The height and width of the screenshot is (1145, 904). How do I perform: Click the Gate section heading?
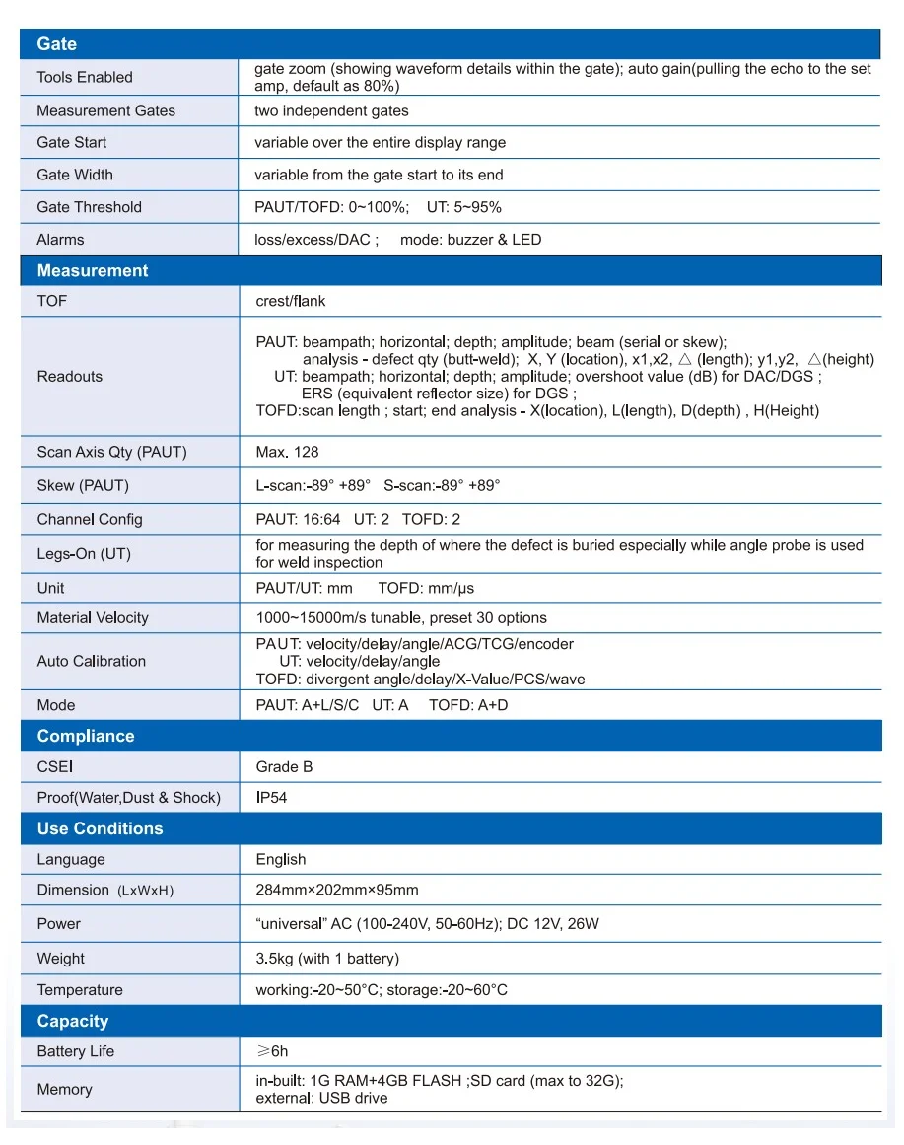point(56,44)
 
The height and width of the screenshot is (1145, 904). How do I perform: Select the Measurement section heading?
point(92,271)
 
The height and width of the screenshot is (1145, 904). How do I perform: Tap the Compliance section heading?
point(85,737)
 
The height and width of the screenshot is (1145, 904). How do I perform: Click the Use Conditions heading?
point(100,829)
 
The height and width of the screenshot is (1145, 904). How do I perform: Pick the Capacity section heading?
point(72,1022)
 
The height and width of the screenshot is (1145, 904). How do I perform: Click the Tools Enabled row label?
point(85,78)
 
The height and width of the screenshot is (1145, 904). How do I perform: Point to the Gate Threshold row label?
point(89,207)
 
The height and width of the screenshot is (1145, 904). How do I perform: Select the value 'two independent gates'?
point(331,111)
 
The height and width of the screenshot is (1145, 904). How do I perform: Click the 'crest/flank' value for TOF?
point(290,301)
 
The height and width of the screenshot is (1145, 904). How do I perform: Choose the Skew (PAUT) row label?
point(83,486)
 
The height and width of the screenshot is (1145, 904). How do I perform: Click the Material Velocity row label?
point(93,618)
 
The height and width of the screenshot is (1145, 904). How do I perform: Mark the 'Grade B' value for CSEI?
point(284,767)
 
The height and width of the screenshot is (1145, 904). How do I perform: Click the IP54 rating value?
point(271,798)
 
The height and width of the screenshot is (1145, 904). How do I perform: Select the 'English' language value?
point(281,860)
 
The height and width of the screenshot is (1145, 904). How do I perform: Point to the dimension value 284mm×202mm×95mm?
point(337,891)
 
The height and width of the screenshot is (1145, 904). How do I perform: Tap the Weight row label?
point(61,959)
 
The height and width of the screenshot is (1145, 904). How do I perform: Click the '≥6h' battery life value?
point(273,1052)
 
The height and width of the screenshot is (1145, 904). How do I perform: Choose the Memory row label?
point(64,1090)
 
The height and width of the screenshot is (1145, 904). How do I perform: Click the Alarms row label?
point(60,240)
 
